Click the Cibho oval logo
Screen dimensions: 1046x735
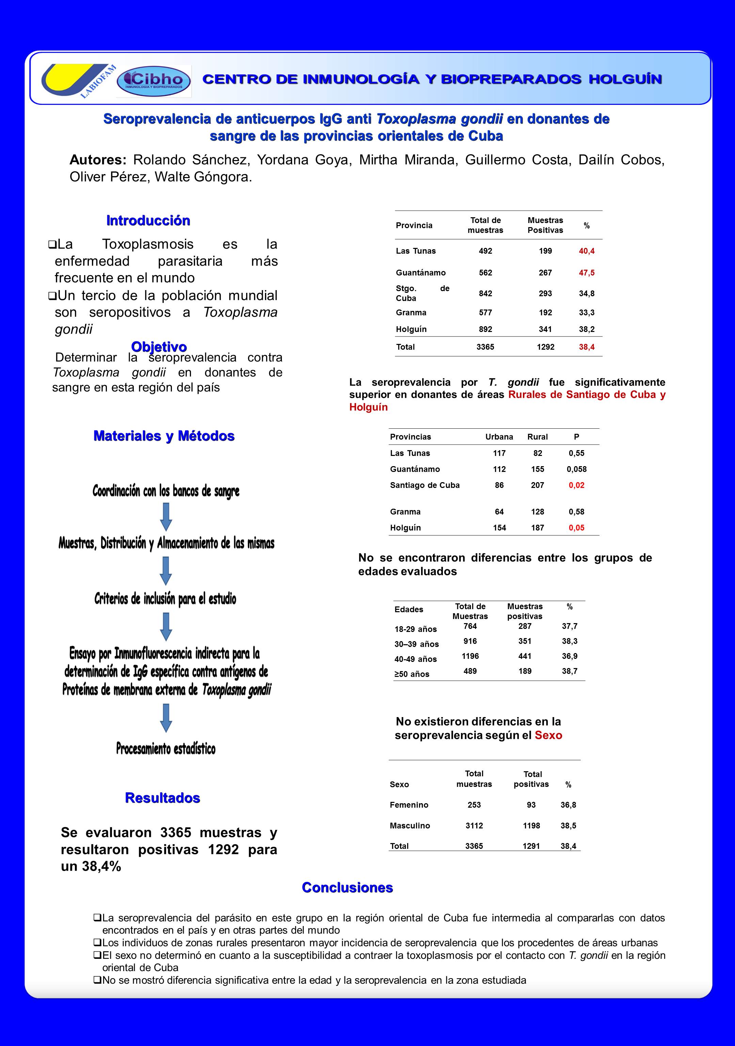point(154,81)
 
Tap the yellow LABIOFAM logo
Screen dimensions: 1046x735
point(77,80)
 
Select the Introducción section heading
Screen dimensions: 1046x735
point(148,221)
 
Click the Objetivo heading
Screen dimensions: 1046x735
point(159,347)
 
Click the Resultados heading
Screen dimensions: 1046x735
point(163,798)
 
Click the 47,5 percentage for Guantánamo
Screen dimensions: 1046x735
point(587,273)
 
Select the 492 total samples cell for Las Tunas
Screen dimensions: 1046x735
point(485,251)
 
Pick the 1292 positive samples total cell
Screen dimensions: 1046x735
point(545,347)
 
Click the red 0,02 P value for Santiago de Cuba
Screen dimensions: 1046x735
point(576,485)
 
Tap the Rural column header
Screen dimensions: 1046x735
point(537,437)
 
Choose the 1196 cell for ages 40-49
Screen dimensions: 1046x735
point(470,656)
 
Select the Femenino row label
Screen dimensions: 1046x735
point(409,805)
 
